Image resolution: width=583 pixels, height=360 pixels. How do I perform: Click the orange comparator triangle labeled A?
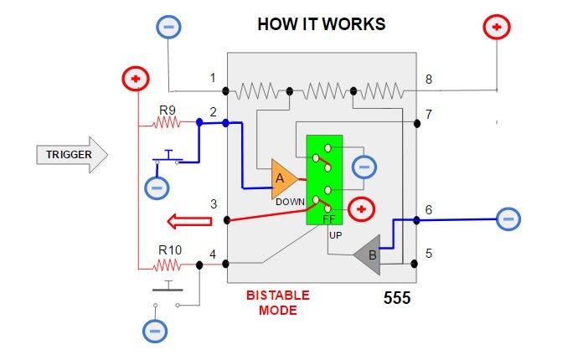pyautogui.click(x=283, y=179)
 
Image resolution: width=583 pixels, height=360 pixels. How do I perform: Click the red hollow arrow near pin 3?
pyautogui.click(x=189, y=221)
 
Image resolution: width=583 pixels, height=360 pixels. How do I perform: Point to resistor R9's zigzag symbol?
pyautogui.click(x=167, y=122)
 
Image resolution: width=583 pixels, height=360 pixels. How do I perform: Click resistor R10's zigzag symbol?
pyautogui.click(x=168, y=265)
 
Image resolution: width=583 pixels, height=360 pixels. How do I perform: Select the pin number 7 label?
pyautogui.click(x=429, y=114)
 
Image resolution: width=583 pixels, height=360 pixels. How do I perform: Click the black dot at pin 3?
pyautogui.click(x=227, y=220)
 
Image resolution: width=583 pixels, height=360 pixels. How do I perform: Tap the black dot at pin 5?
pyautogui.click(x=414, y=264)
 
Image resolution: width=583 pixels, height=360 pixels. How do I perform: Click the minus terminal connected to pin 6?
pyautogui.click(x=508, y=219)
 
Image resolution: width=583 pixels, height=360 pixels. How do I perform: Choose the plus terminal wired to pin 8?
pyautogui.click(x=497, y=27)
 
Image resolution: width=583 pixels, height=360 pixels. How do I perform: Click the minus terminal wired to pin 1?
pyautogui.click(x=168, y=27)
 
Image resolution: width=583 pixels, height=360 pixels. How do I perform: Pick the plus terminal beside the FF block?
pyautogui.click(x=361, y=209)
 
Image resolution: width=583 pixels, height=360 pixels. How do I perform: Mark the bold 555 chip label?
pyautogui.click(x=397, y=298)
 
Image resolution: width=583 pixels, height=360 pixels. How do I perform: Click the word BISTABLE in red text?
pyautogui.click(x=278, y=296)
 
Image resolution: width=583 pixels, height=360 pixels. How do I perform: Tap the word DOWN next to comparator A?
pyautogui.click(x=290, y=202)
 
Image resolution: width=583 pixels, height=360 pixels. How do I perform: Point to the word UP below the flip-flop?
pyautogui.click(x=335, y=235)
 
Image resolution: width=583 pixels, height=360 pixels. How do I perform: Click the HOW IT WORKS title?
pyautogui.click(x=322, y=24)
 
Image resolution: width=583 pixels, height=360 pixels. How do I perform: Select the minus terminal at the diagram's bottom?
pyautogui.click(x=155, y=331)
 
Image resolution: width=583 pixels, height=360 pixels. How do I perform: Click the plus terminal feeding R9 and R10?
pyautogui.click(x=136, y=79)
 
